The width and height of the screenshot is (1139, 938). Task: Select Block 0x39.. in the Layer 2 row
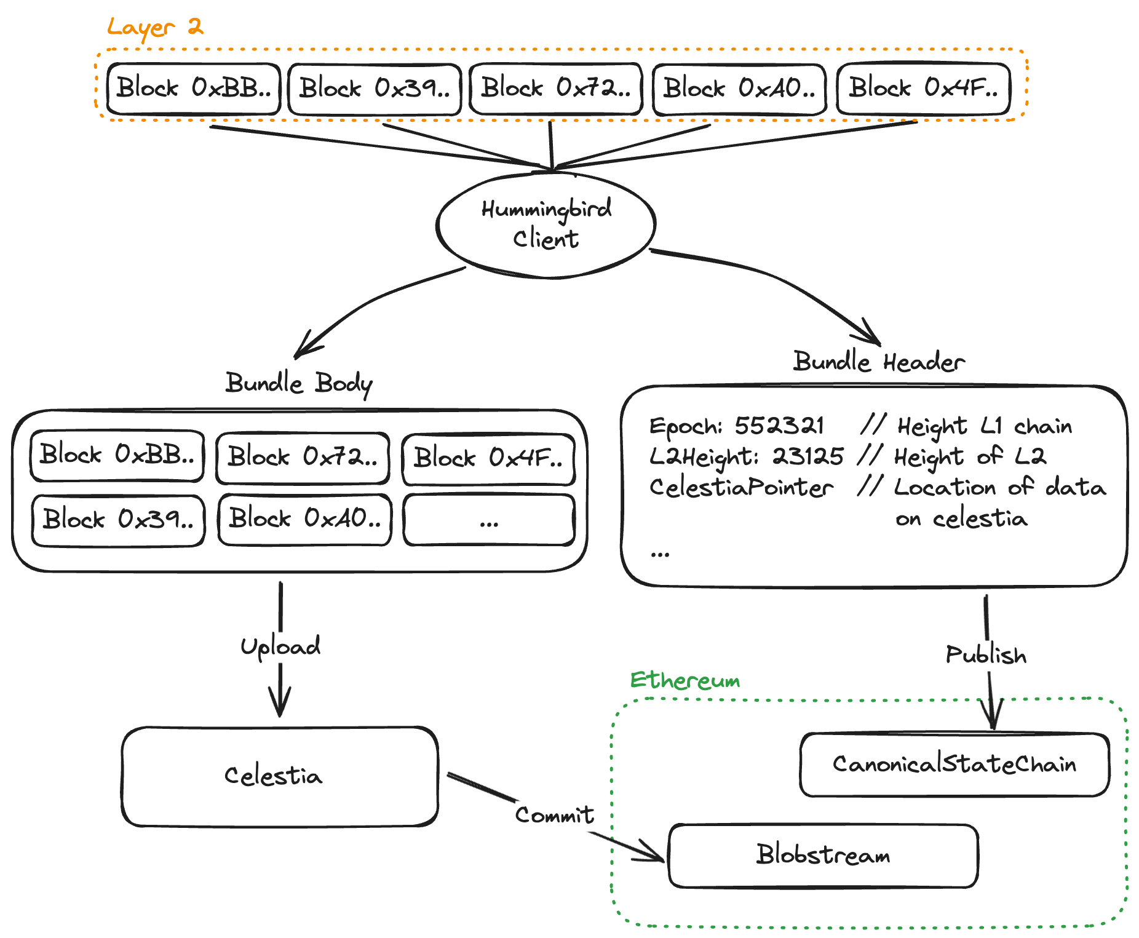pyautogui.click(x=375, y=89)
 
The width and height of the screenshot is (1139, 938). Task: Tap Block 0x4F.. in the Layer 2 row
pyautogui.click(x=923, y=89)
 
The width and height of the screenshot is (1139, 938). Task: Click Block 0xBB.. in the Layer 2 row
pyautogui.click(x=194, y=89)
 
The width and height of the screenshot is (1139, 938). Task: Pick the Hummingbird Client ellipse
pyautogui.click(x=546, y=225)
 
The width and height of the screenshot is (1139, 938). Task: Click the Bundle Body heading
pyautogui.click(x=299, y=384)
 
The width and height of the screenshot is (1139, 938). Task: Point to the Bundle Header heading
pyautogui.click(x=878, y=362)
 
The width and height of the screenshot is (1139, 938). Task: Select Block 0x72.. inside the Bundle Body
pyautogui.click(x=303, y=458)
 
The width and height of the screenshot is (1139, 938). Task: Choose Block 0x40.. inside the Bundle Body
pyautogui.click(x=304, y=520)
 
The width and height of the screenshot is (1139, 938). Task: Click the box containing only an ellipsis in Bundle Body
pyautogui.click(x=489, y=520)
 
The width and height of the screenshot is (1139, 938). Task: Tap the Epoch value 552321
pyautogui.click(x=779, y=426)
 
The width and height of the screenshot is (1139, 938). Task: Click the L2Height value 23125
pyautogui.click(x=808, y=456)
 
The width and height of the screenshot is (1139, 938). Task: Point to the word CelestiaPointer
pyautogui.click(x=741, y=488)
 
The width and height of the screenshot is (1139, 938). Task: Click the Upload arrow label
pyautogui.click(x=280, y=646)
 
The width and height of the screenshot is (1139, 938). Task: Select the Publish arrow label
pyautogui.click(x=986, y=655)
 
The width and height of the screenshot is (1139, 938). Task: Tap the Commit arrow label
pyautogui.click(x=554, y=815)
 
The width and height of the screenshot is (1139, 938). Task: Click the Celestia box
pyautogui.click(x=279, y=776)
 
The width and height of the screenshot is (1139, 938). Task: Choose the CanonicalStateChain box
pyautogui.click(x=954, y=765)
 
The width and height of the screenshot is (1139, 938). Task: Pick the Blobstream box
pyautogui.click(x=823, y=856)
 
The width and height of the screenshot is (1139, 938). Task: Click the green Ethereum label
pyautogui.click(x=685, y=681)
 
